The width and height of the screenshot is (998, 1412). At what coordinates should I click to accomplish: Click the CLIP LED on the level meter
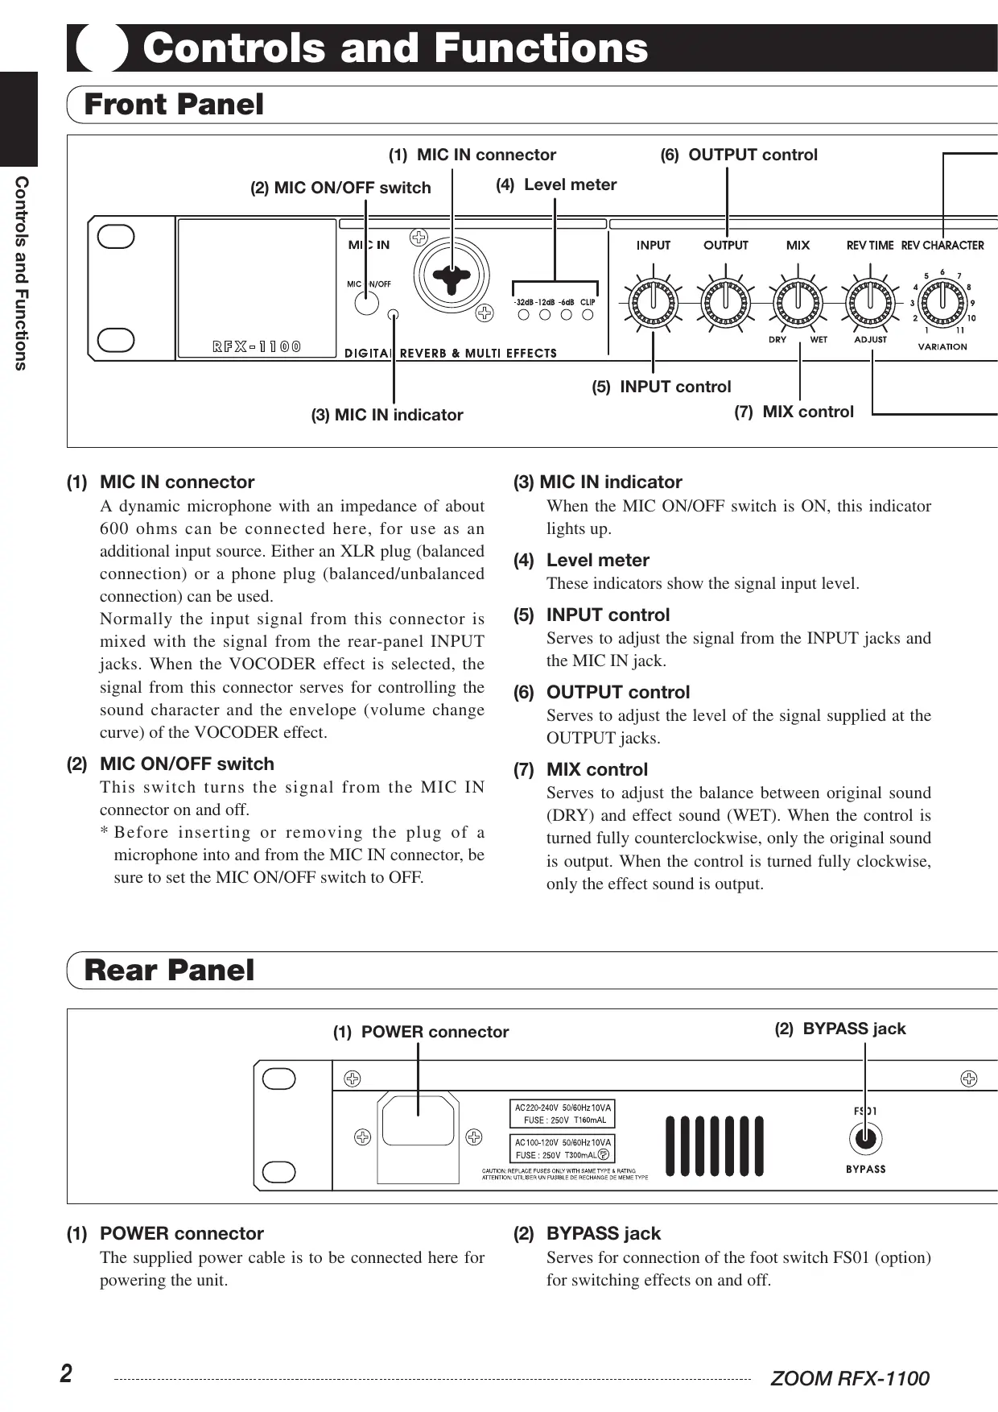[588, 314]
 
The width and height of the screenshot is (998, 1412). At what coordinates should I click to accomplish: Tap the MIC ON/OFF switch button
[367, 303]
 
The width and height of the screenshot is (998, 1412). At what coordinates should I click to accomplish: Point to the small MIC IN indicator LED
[394, 314]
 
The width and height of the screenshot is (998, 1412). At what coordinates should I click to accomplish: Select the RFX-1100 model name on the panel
[257, 347]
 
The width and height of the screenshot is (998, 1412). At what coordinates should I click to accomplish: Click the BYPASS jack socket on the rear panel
[865, 1139]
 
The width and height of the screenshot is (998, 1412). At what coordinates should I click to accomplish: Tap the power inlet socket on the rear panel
[419, 1120]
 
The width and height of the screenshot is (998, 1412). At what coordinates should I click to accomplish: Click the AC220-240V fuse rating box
[563, 1113]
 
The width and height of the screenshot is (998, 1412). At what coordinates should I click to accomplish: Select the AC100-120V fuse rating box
[563, 1149]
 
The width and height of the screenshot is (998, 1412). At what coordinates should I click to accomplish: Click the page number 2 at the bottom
[66, 1373]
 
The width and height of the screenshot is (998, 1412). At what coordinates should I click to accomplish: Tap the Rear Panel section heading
[169, 970]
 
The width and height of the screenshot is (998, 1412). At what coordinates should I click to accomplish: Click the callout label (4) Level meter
[556, 184]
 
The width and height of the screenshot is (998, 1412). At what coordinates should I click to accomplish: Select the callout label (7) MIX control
[794, 412]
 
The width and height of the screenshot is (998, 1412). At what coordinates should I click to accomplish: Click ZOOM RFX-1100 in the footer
[849, 1378]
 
